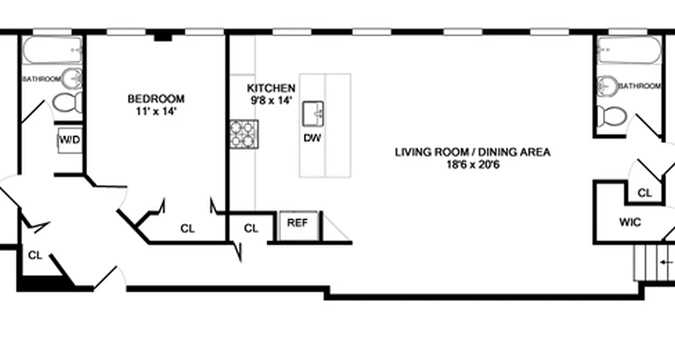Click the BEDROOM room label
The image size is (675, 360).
click(x=156, y=99)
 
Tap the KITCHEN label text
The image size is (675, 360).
click(x=271, y=88)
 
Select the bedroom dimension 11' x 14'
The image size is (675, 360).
click(x=156, y=111)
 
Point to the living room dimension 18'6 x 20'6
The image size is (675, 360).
click(x=472, y=165)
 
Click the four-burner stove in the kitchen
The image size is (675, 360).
click(x=244, y=134)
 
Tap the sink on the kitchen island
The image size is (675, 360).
click(x=313, y=114)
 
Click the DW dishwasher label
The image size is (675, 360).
click(x=312, y=138)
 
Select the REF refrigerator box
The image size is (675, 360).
click(x=297, y=224)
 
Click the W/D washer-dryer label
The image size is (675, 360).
click(x=70, y=140)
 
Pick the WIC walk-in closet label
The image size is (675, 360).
click(x=630, y=222)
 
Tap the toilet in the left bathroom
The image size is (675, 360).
click(x=67, y=103)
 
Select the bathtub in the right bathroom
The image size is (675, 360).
click(x=629, y=49)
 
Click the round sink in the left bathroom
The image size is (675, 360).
click(x=72, y=79)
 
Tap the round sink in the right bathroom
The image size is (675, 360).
click(x=607, y=85)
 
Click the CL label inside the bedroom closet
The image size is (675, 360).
click(x=188, y=229)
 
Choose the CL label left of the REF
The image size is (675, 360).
click(x=251, y=229)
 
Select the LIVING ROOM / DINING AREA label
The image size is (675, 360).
click(x=472, y=152)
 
